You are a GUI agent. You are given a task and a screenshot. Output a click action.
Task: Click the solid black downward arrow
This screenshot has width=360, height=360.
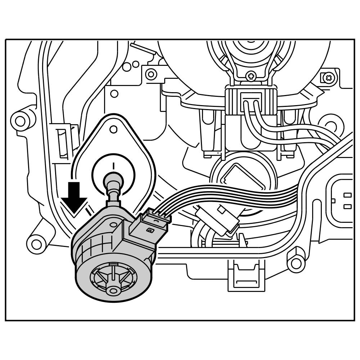pos(74,197)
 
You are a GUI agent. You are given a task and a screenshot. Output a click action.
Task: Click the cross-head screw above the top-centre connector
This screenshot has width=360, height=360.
pos(251,76)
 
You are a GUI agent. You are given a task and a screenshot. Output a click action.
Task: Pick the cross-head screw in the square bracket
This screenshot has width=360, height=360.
pos(328,77)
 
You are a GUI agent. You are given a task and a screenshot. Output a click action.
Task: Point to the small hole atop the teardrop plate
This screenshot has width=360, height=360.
pos(113,129)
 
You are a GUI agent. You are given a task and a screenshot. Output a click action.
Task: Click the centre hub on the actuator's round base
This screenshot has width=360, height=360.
pos(113,290)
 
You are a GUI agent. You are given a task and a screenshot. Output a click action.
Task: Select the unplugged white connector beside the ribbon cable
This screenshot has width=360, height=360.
pos(217,221)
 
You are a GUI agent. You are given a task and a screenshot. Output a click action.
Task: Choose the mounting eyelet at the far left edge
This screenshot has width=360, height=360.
pos(21,121)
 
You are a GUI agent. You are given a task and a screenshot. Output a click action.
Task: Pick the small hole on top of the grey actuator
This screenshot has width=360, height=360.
pos(113,225)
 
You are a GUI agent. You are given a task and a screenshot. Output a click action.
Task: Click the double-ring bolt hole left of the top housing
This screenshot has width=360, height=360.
pos(151,75)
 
